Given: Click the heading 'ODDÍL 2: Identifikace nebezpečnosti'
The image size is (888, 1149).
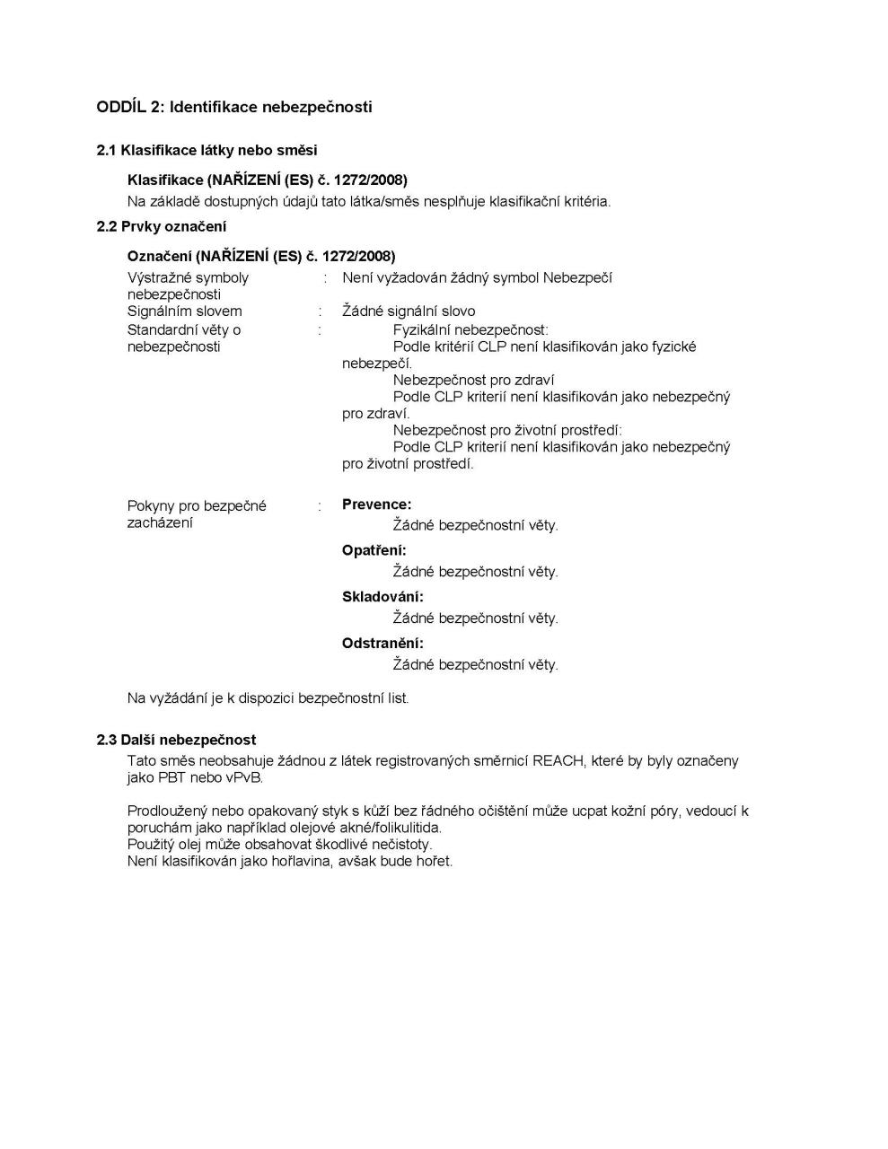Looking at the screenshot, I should click(233, 107).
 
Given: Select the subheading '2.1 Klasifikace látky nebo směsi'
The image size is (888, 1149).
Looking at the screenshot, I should click(207, 150).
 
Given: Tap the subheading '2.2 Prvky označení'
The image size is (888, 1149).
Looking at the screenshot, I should click(162, 226).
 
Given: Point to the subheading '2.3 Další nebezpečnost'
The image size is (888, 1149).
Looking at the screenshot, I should click(176, 740).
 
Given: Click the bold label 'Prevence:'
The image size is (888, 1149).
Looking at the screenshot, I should click(376, 504).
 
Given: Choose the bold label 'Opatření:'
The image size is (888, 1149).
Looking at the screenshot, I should click(374, 550).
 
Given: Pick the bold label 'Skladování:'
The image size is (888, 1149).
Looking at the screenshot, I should click(382, 597).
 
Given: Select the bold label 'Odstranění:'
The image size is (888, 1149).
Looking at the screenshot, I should click(382, 643).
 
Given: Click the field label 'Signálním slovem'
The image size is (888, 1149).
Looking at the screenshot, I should click(184, 311).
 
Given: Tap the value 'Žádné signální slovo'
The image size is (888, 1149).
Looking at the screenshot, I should click(409, 311).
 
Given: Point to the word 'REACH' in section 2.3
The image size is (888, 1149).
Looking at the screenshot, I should click(558, 760).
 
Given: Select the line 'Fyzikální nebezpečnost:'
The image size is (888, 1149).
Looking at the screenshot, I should click(470, 329).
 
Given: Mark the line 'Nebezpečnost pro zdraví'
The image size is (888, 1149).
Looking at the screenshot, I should click(473, 380).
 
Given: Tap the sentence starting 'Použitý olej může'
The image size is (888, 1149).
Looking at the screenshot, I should click(279, 844).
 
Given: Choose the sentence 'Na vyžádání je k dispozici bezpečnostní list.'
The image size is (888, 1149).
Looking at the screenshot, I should click(268, 697).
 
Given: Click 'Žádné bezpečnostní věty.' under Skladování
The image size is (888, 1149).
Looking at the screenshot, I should click(475, 618).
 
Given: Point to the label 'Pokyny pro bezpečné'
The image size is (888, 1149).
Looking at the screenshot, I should click(197, 505).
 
